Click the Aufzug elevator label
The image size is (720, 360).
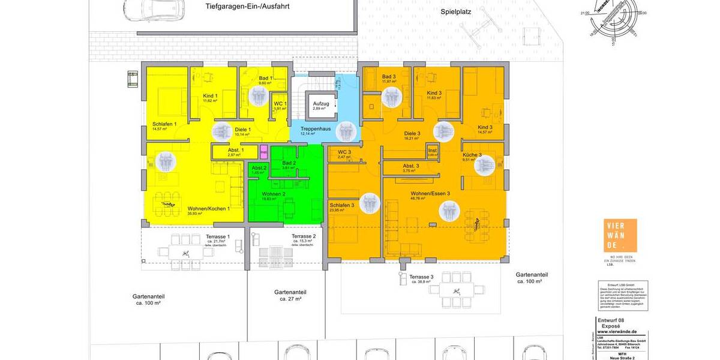319,104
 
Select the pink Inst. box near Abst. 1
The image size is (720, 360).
263,152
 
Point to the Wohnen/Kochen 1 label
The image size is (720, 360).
208,208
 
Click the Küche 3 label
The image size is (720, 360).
472,155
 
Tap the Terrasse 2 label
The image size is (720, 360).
304,236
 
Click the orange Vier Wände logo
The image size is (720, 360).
620,236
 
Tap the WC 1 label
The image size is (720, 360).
280,104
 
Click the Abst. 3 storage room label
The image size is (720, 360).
411,166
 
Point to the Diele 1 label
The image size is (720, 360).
242,130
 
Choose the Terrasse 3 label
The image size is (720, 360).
420,277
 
